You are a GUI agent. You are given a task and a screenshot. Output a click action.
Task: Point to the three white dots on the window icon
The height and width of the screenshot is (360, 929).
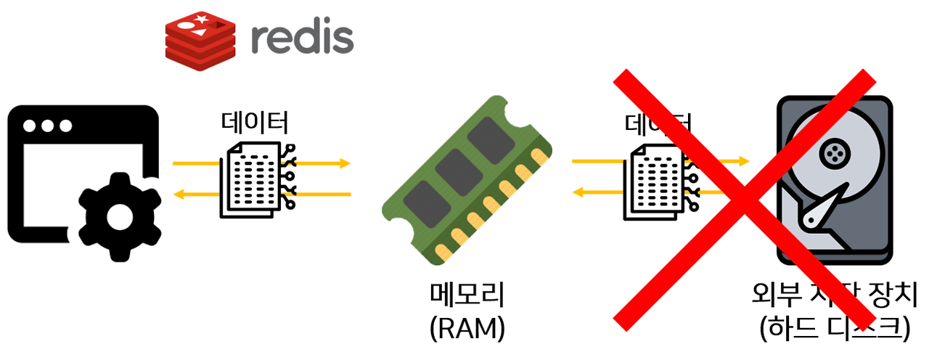coord(48,126)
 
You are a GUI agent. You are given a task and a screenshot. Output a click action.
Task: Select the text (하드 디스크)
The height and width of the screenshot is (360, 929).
coord(834,329)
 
